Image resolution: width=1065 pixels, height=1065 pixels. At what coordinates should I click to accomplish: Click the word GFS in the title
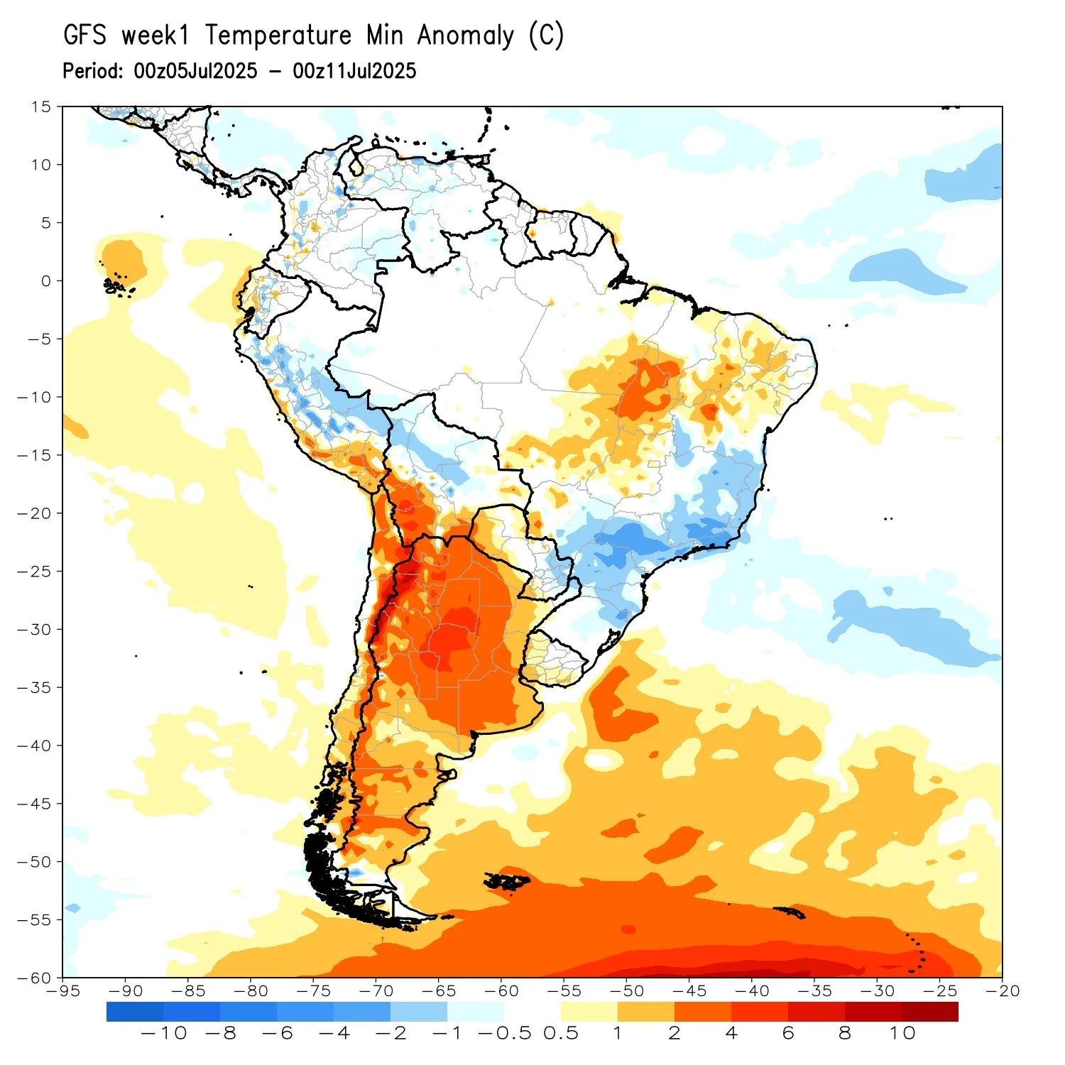coord(84,35)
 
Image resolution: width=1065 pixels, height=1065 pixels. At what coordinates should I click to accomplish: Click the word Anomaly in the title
coord(465,35)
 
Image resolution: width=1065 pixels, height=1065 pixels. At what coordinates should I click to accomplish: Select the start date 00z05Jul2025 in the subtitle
coord(195,71)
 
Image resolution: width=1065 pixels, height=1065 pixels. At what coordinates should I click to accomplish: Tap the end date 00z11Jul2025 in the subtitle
coord(354,71)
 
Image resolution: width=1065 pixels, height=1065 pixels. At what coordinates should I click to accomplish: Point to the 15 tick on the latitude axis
coord(41,106)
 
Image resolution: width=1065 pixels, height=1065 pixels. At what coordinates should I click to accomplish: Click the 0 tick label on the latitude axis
coord(46,281)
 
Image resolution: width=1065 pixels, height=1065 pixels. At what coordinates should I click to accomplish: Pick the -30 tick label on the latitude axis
coord(35,630)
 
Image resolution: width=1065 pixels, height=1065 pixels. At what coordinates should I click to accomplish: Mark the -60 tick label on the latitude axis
coord(35,978)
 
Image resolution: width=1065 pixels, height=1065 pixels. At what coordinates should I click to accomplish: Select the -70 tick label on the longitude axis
coord(376,991)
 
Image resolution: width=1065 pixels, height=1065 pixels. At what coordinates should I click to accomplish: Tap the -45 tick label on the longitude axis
coord(689,991)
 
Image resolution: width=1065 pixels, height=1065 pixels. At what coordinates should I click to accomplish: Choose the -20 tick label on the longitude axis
coord(1002,991)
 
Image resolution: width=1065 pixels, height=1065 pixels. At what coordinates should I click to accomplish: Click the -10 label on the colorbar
coord(164,1033)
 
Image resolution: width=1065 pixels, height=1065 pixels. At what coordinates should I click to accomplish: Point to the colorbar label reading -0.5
coord(505,1033)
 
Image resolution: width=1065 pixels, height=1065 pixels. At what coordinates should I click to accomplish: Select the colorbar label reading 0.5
coord(561,1033)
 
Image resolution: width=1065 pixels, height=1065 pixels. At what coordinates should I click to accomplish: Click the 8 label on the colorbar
coord(845,1033)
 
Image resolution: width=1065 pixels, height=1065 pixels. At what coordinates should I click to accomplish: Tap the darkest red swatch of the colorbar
coord(930,1012)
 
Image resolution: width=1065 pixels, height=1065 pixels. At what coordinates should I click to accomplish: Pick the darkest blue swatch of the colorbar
coord(135,1012)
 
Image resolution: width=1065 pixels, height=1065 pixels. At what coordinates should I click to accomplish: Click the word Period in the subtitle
coord(92,71)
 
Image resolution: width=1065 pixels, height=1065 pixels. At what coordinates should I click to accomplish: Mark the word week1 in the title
coord(155,35)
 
